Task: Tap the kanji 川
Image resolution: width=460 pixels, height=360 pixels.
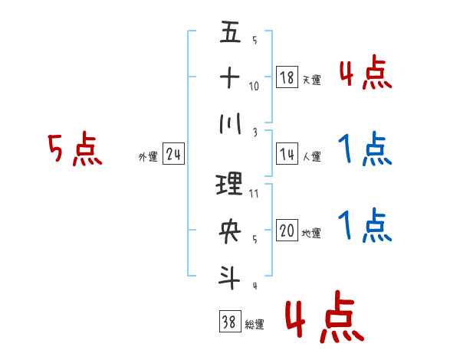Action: (x=230, y=124)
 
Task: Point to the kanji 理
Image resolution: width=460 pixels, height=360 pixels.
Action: (x=230, y=185)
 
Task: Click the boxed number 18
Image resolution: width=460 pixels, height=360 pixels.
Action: (x=286, y=77)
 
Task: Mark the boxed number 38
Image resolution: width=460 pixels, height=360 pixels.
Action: (x=229, y=322)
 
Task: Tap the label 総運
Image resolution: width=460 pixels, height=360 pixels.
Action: (x=255, y=324)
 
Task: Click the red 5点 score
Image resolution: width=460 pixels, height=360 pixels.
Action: (x=74, y=150)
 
